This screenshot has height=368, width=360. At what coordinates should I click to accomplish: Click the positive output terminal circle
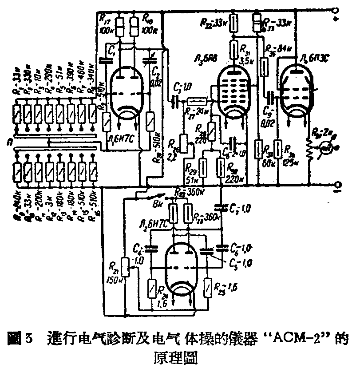click(337, 8)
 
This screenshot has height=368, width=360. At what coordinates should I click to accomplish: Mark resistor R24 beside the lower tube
click(153, 287)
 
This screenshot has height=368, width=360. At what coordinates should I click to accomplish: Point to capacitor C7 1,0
click(220, 206)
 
